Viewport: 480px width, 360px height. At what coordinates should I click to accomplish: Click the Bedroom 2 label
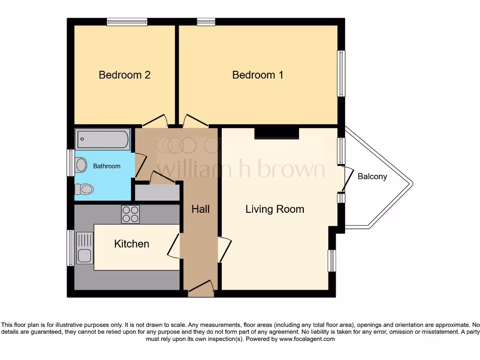point(124,75)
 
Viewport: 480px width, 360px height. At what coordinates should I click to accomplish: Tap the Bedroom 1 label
point(257,75)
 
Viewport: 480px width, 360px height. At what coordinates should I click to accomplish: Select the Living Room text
point(275,209)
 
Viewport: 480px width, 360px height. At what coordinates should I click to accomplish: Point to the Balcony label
point(372,177)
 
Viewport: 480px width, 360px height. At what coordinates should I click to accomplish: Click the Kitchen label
point(132,244)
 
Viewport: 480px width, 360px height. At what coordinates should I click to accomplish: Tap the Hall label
point(200,209)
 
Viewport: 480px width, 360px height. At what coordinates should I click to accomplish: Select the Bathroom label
point(106,166)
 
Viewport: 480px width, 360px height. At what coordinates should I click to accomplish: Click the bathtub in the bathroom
point(103,139)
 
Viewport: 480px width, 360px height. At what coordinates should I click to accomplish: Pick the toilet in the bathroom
point(84,189)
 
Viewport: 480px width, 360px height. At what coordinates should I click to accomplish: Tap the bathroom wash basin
point(81,165)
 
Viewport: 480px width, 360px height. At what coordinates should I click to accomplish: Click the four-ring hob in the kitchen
point(130,214)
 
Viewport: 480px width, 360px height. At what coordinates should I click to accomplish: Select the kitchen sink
point(85,255)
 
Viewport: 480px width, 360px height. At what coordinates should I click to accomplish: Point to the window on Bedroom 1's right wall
point(342,73)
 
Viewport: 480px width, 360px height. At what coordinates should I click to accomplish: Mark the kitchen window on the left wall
point(70,247)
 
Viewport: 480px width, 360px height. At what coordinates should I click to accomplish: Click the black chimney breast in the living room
point(277,133)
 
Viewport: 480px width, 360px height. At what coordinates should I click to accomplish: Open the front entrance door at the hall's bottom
point(201,288)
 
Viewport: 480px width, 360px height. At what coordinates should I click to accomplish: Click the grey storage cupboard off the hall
point(157,193)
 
